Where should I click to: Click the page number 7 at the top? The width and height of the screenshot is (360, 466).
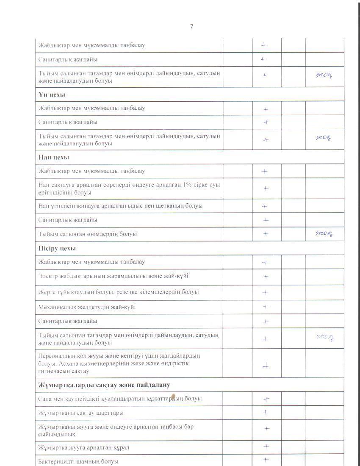191,26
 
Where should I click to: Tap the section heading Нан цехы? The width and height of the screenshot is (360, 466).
54,157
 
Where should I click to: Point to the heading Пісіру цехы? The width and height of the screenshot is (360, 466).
57,248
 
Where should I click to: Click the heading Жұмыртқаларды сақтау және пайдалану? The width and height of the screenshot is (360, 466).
104,385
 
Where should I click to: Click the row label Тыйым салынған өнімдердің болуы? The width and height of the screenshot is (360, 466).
88,234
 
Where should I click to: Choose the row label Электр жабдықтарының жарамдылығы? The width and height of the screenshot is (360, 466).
114,276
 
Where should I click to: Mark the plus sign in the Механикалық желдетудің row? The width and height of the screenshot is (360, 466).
266,307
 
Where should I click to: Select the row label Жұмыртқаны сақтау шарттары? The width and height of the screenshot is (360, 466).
81,413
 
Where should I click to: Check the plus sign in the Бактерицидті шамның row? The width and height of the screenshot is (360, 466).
266,460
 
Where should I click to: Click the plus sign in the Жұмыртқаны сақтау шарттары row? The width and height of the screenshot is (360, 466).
266,412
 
